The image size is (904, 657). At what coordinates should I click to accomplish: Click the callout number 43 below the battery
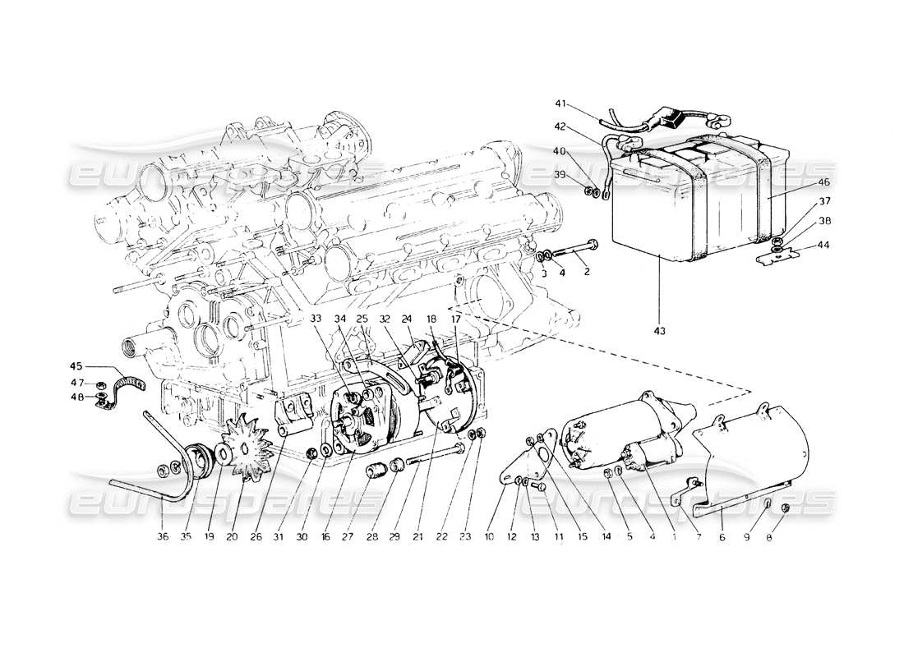click(660, 330)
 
